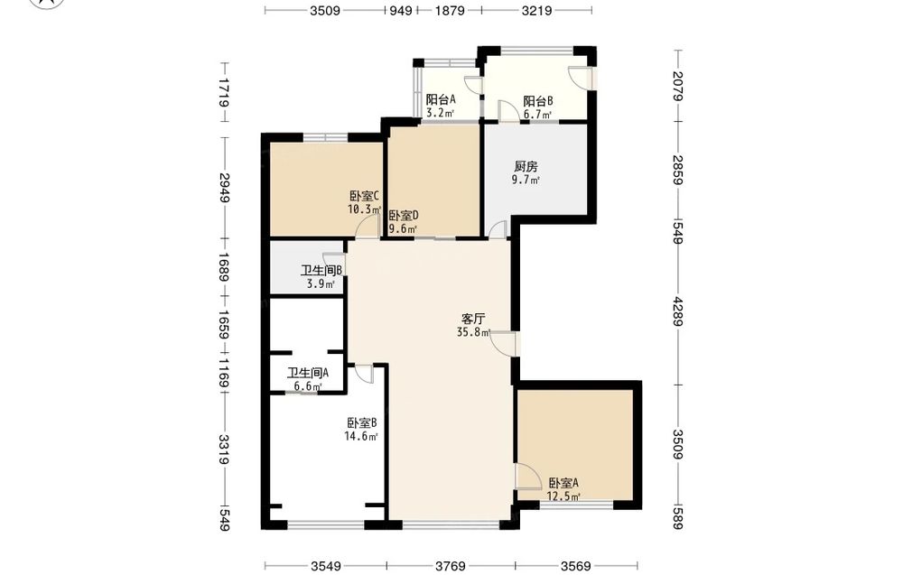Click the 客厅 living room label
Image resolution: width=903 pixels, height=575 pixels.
(x=473, y=319)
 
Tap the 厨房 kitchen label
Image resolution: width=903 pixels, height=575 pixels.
(x=526, y=166)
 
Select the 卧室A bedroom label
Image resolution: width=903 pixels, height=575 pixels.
(x=563, y=483)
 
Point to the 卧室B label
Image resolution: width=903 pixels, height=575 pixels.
(x=362, y=423)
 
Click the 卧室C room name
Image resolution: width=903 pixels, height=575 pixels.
(x=364, y=196)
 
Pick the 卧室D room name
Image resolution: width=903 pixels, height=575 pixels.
(x=403, y=216)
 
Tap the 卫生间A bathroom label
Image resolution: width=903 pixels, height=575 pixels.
(x=308, y=373)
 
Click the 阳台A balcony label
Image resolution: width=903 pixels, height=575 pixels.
(x=441, y=99)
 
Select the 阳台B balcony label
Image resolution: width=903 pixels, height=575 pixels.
(x=538, y=101)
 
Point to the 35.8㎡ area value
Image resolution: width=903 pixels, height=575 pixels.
(x=473, y=332)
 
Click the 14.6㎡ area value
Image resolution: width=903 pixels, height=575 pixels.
(x=361, y=436)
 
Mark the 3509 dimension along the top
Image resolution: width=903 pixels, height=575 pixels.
(x=325, y=10)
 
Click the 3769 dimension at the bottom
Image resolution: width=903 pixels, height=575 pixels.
(x=451, y=566)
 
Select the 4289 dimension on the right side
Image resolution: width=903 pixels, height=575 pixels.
(x=678, y=311)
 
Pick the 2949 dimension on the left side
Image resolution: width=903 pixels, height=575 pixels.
(x=224, y=188)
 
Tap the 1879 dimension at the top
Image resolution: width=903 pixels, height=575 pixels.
(x=449, y=10)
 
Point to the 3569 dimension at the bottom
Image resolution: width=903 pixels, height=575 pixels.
(x=576, y=566)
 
